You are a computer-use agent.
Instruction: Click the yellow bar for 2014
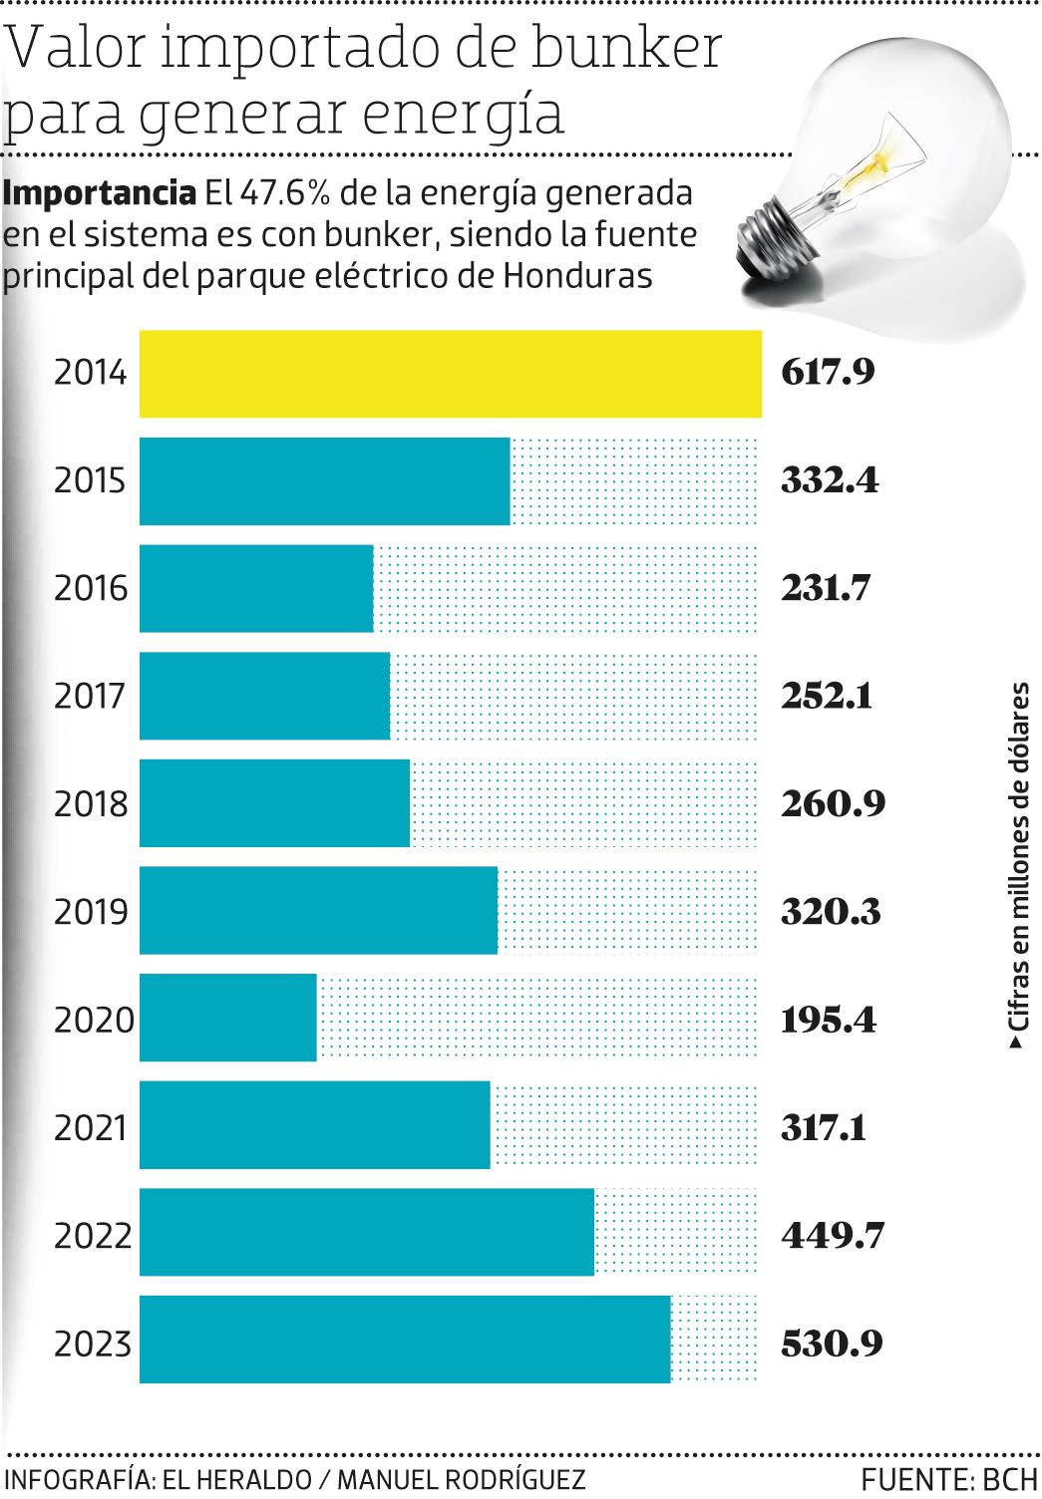tap(450, 374)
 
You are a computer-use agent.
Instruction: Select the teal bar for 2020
tap(227, 1018)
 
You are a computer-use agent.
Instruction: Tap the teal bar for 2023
tap(404, 1340)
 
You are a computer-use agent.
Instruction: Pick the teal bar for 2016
tap(256, 588)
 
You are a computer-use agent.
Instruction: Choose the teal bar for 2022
tap(366, 1232)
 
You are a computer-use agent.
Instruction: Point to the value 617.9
tap(828, 374)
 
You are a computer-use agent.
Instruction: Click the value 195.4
tap(828, 1020)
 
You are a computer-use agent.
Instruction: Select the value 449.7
tap(832, 1236)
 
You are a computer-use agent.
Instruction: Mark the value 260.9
tap(833, 803)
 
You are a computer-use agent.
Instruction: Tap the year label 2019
tap(92, 912)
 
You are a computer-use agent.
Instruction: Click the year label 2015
tap(92, 481)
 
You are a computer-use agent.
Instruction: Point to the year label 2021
tap(92, 1128)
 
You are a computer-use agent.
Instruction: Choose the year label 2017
tap(92, 697)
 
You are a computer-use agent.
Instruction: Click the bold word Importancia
tap(100, 192)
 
